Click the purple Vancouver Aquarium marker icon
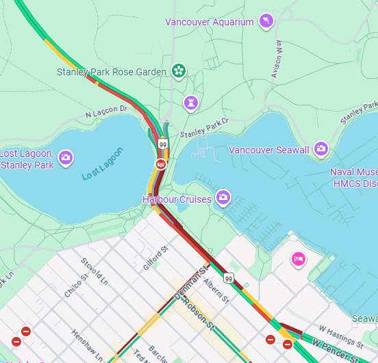(266, 21)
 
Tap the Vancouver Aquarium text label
(209, 22)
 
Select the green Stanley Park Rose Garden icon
(178, 71)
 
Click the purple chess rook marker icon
(190, 103)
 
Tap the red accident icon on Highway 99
(160, 164)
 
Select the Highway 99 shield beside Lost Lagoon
(162, 144)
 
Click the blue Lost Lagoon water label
(103, 164)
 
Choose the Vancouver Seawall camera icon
(320, 149)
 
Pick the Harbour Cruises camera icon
(223, 199)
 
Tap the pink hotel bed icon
(298, 258)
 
